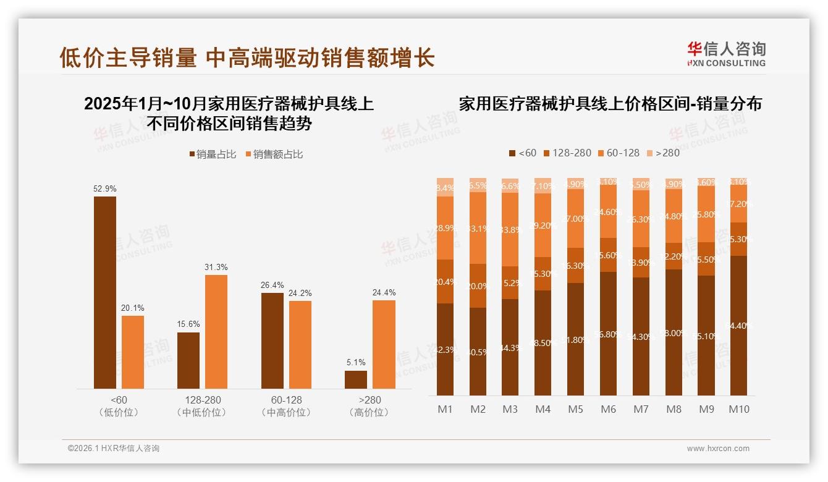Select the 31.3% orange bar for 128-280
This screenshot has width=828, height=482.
tap(216, 331)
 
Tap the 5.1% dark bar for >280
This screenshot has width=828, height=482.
tap(355, 379)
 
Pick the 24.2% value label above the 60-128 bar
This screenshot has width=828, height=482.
tap(300, 293)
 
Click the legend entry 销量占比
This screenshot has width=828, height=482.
tap(211, 154)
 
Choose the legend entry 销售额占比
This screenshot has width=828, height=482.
tap(274, 154)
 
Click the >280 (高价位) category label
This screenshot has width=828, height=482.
tap(369, 406)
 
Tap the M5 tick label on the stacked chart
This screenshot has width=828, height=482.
tap(575, 409)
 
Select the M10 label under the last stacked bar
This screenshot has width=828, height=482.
tap(738, 409)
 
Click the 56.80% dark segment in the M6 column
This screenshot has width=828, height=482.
tap(608, 334)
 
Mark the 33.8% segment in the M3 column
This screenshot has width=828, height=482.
tap(510, 229)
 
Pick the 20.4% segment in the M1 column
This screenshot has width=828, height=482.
tap(445, 281)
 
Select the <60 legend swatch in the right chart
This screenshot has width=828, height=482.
tap(512, 153)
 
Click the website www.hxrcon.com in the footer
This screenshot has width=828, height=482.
tap(717, 449)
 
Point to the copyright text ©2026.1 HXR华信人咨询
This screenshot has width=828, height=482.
tap(113, 449)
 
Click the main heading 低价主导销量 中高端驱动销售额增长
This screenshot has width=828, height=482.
tap(247, 57)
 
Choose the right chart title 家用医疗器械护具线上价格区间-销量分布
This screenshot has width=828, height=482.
tap(610, 104)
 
